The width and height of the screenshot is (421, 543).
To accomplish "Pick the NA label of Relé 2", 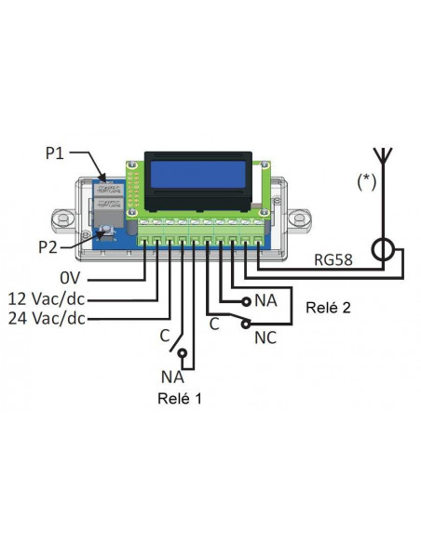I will (x=265, y=302).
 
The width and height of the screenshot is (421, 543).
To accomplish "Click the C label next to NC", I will (x=213, y=324).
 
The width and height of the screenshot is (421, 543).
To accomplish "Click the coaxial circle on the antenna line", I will (x=382, y=252).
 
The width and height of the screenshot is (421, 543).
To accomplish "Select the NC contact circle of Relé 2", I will (x=244, y=324).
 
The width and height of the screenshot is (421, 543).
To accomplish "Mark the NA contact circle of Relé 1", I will (x=184, y=354).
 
